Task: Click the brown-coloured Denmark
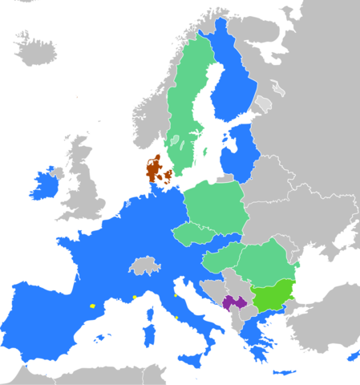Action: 153,170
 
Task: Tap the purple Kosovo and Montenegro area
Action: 234,302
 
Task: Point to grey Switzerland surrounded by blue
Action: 145,265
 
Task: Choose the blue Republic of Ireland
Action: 42,186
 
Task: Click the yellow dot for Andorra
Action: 92,306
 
